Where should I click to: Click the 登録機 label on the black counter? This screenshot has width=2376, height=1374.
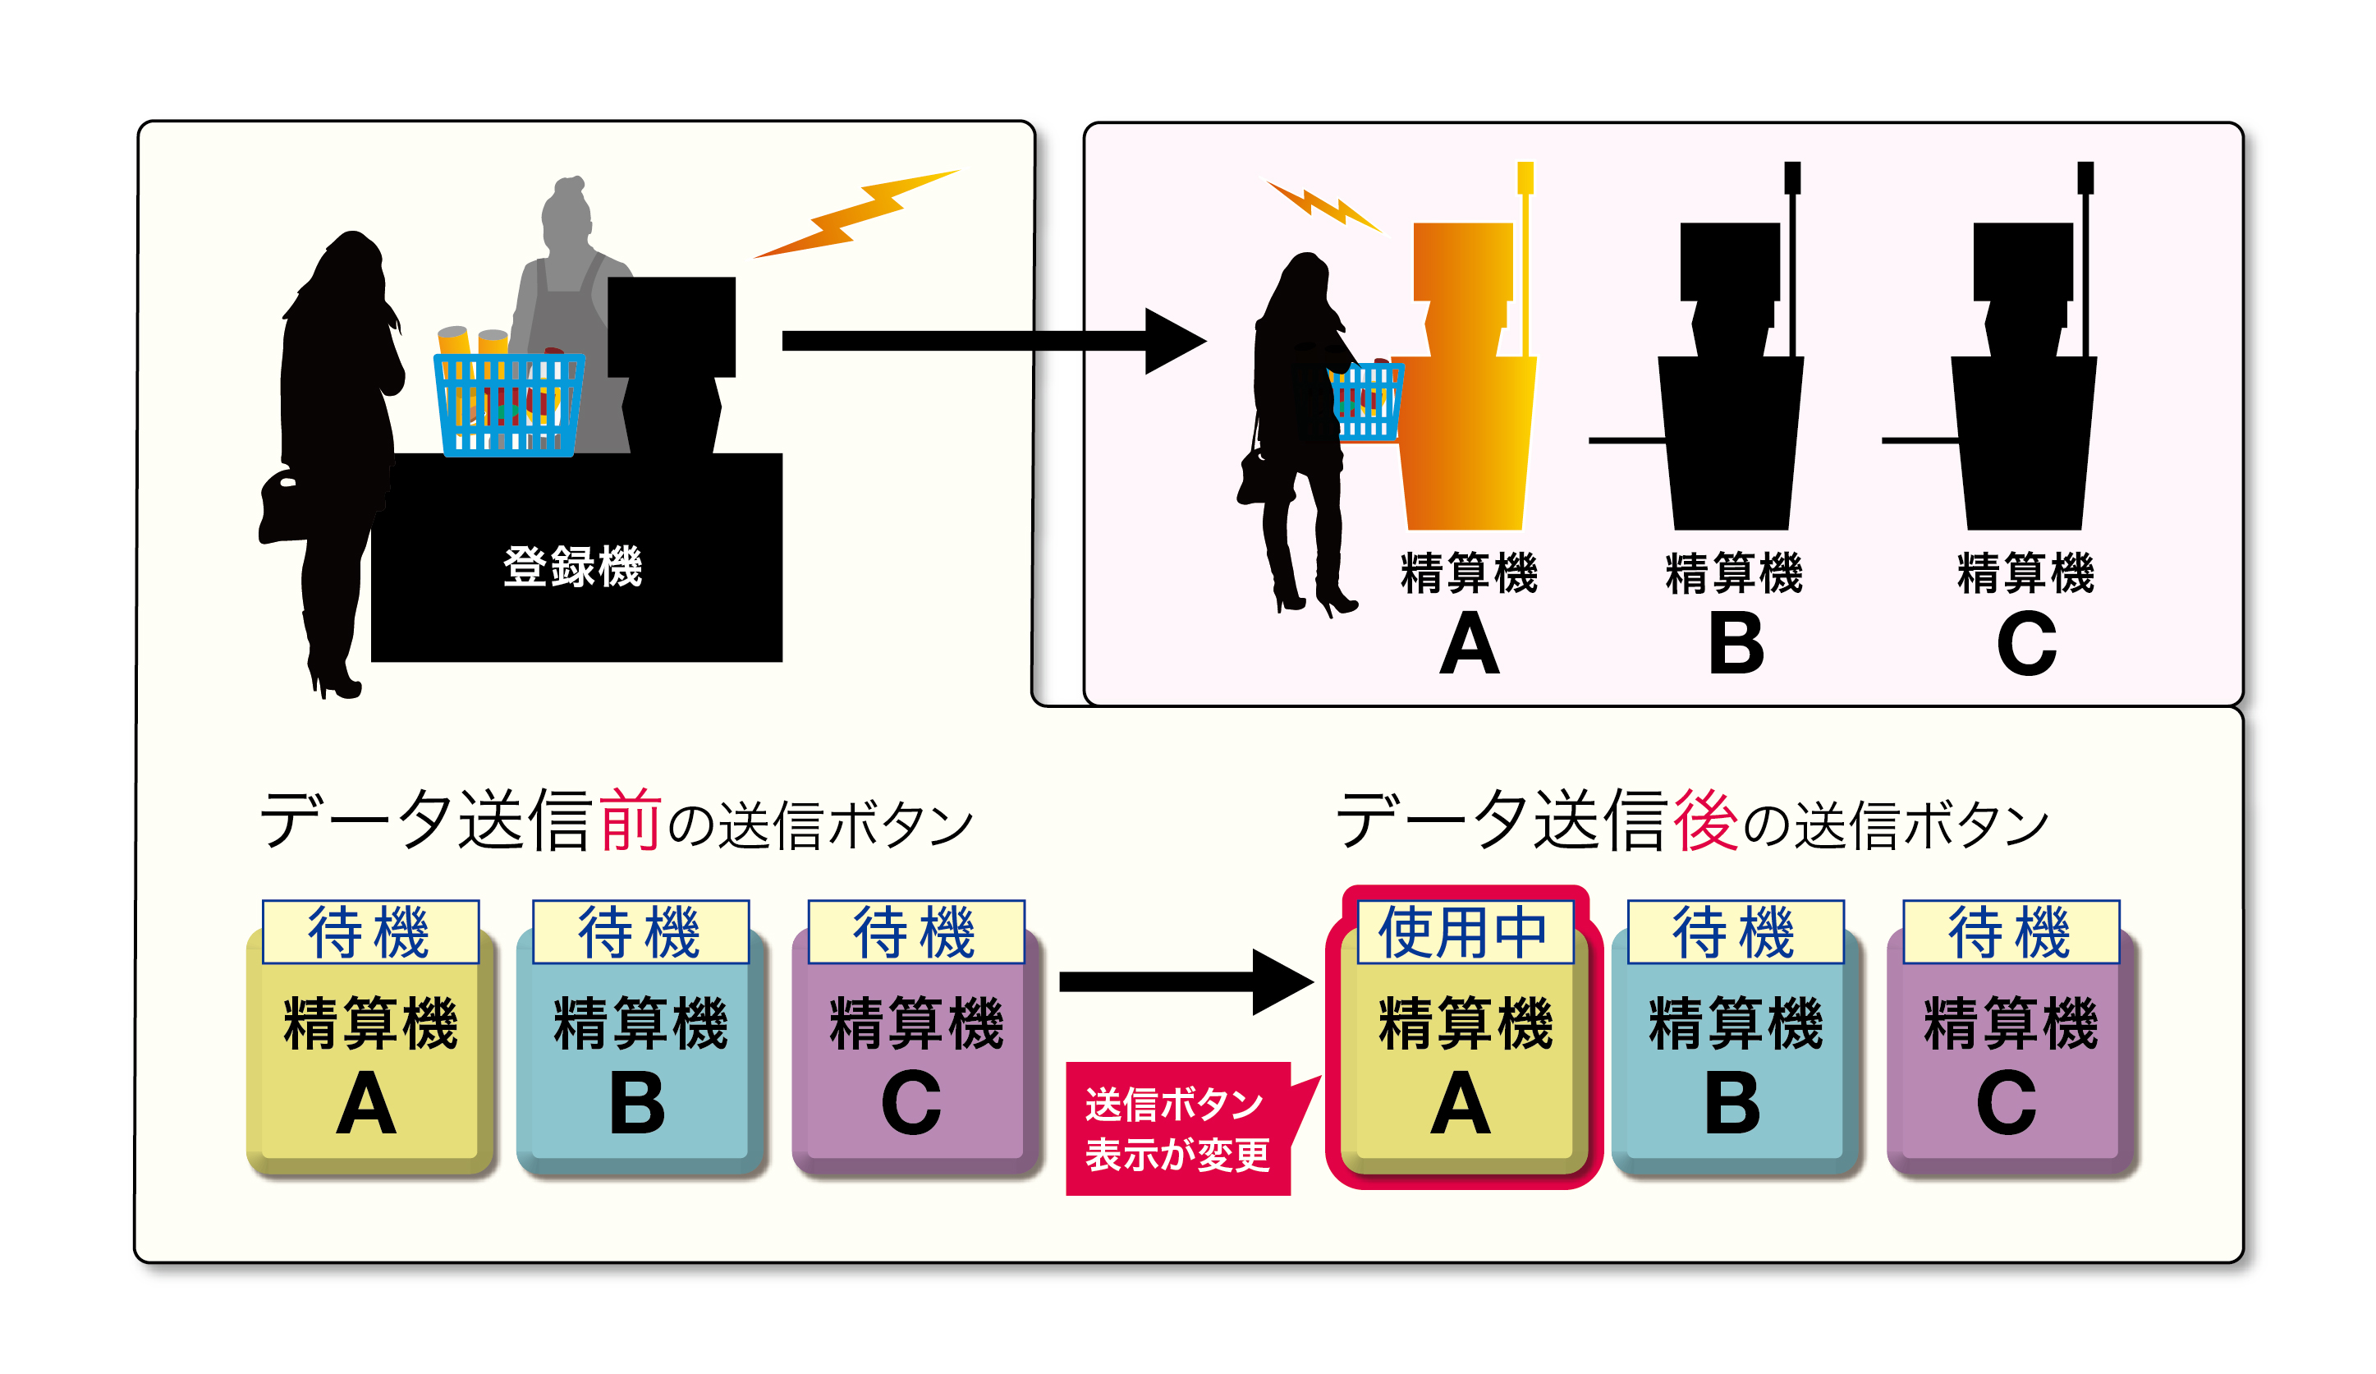[572, 567]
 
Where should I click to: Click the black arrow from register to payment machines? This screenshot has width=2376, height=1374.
[990, 341]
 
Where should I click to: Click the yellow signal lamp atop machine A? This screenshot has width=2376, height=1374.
[1525, 177]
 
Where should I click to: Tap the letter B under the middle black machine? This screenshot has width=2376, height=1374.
[1735, 643]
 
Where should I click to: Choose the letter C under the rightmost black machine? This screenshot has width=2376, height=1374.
[2025, 643]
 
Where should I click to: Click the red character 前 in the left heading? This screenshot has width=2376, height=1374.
[630, 820]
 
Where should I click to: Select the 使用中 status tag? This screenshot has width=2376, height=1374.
[1464, 931]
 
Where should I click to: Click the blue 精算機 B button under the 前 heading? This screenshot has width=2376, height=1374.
[640, 1061]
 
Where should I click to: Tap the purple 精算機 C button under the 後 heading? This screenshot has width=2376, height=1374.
[2010, 1061]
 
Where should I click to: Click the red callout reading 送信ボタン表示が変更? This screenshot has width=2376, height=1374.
[1177, 1128]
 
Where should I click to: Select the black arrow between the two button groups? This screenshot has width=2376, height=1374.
[1183, 981]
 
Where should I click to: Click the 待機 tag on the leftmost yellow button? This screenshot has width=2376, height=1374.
[369, 931]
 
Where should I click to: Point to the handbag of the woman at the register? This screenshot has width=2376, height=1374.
[283, 507]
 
